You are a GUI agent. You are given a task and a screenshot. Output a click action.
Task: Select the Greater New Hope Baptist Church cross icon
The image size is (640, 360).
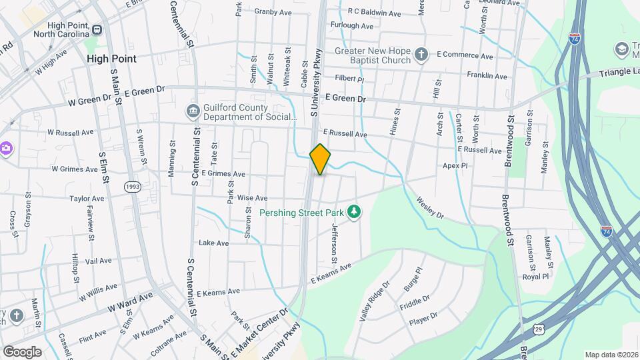[x=421, y=53]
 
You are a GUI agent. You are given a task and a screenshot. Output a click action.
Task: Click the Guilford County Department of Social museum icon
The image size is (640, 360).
[x=193, y=111]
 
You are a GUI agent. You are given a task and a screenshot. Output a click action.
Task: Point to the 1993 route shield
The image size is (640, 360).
[x=132, y=188]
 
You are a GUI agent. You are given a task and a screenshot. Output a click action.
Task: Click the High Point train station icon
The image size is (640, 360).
[x=97, y=30]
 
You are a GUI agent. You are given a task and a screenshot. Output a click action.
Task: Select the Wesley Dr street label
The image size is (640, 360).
[x=430, y=207]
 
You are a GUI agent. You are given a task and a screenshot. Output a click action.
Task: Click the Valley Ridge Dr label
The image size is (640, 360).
[x=373, y=302]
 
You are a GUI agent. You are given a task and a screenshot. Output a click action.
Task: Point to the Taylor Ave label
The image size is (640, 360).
[x=87, y=199]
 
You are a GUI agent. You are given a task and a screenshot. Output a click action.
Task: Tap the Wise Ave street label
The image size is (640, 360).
[x=252, y=198]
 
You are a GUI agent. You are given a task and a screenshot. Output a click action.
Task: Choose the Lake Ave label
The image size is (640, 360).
[x=213, y=243]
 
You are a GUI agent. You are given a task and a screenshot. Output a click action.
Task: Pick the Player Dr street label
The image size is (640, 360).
[x=423, y=319]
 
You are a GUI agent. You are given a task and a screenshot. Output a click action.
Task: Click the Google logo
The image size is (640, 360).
[x=22, y=351]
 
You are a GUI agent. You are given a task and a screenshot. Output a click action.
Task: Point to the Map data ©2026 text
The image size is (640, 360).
[x=611, y=355]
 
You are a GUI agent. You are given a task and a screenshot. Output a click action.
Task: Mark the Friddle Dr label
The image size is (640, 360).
[x=415, y=303]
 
